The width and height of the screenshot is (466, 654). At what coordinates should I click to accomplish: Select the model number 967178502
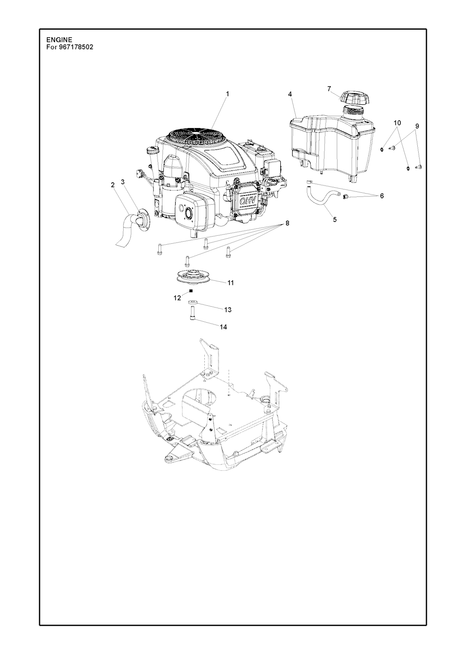coord(76,47)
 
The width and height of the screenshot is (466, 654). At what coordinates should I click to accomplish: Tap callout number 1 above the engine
coord(228,93)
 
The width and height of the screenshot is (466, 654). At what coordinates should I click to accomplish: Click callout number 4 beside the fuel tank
coord(290,94)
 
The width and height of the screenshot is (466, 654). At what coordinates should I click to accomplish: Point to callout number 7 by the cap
coord(329,88)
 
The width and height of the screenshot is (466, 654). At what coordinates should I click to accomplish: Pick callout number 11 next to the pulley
coord(231,283)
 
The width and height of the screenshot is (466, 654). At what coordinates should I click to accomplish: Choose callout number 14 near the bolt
coord(223,327)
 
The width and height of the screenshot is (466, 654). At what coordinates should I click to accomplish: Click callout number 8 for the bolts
coord(287,223)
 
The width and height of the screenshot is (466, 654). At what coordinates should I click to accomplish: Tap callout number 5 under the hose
coord(335,220)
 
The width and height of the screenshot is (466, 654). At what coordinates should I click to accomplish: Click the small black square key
coord(192,290)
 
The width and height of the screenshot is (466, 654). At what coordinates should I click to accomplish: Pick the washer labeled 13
coord(193,301)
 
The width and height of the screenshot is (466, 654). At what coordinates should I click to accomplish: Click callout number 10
coord(397,123)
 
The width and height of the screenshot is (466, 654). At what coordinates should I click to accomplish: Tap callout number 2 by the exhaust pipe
coord(112,185)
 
